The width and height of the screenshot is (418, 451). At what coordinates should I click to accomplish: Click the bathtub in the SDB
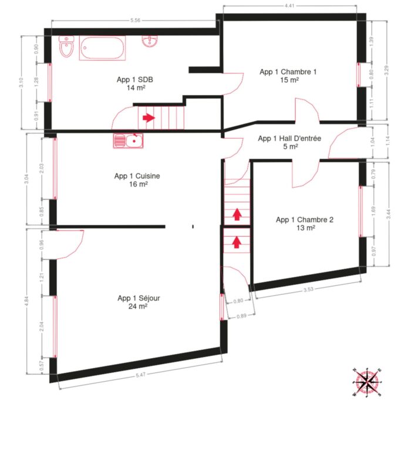coord(103,48)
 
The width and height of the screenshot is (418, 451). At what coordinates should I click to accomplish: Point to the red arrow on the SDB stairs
coord(149,117)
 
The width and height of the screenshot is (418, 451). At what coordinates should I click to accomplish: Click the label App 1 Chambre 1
coord(288,72)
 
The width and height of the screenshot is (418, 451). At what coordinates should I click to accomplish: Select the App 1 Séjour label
coord(139,298)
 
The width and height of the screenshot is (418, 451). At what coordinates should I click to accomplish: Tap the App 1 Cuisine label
coord(137,176)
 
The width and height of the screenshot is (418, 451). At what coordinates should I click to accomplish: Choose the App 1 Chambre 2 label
coord(305,220)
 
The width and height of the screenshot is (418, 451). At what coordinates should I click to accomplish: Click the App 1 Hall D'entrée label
coord(289,139)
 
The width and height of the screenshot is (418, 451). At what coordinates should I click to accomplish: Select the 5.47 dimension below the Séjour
coord(140,374)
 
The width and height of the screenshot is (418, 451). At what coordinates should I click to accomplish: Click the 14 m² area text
coord(136,87)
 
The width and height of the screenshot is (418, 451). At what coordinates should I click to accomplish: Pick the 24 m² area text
coord(139,306)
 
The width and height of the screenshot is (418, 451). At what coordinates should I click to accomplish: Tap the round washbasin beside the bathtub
coord(151,42)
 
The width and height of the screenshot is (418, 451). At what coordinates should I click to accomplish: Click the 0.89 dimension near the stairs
coord(241,317)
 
